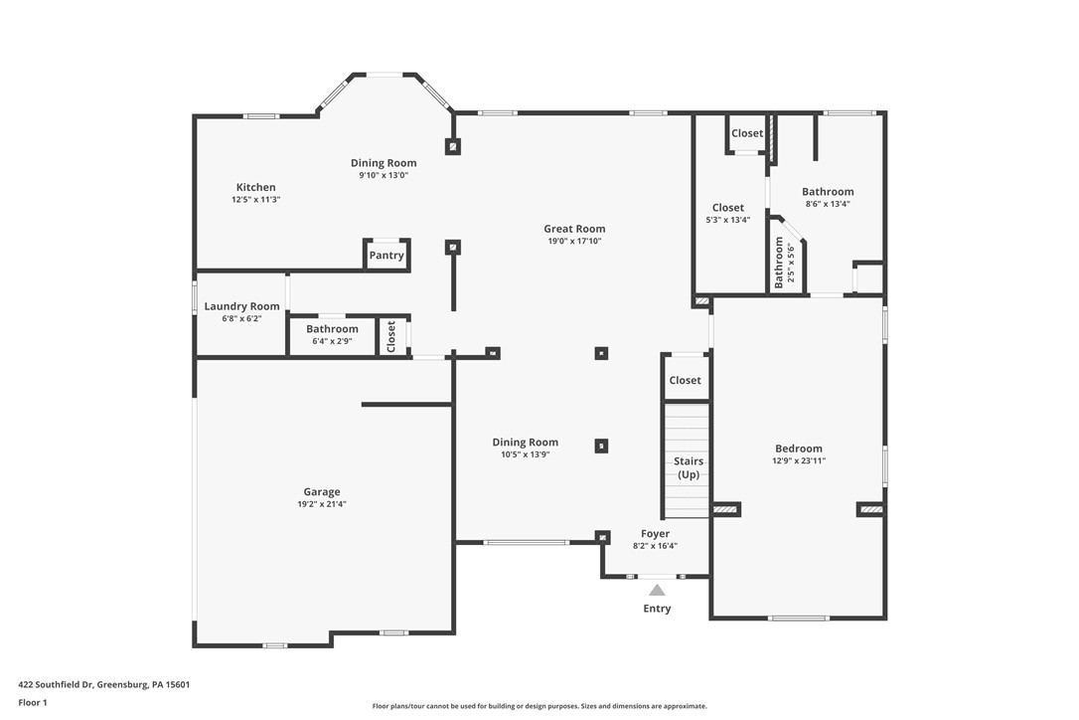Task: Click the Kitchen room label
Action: (255, 187)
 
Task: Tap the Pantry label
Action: (386, 256)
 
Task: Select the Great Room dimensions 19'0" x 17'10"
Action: (574, 241)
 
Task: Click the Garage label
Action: (322, 491)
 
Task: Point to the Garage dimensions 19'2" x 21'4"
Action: (322, 504)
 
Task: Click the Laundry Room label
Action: (241, 306)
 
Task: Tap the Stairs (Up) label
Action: (689, 467)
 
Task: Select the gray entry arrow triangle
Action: (657, 590)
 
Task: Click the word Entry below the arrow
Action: (657, 609)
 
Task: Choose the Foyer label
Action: (655, 534)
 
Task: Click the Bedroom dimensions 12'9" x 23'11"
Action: (799, 460)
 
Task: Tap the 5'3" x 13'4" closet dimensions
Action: (727, 220)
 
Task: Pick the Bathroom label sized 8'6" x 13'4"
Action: (828, 192)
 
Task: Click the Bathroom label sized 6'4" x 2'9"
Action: (332, 329)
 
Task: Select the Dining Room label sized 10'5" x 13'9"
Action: (526, 443)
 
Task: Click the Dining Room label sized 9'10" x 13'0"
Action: (384, 163)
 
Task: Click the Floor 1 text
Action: (32, 702)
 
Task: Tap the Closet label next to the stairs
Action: (685, 380)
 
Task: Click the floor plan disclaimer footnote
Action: (539, 706)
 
